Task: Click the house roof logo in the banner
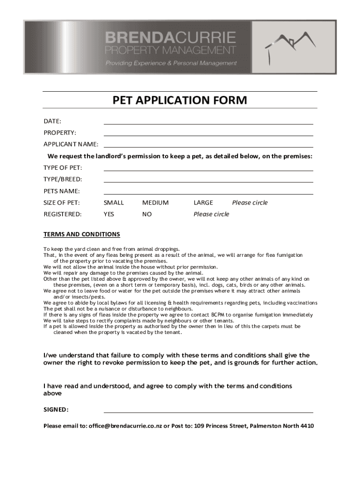pos(290,45)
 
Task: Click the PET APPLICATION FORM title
pos(180,100)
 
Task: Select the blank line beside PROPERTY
pos(208,134)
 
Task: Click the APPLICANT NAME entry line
pos(208,145)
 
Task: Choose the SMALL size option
pos(114,203)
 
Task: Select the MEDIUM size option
pos(155,203)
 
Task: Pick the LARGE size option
pos(203,203)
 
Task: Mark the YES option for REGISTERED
pos(109,214)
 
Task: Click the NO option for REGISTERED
pos(147,214)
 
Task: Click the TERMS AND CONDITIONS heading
pos(82,234)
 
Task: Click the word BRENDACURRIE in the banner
pos(170,37)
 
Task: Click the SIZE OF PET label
pos(62,203)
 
